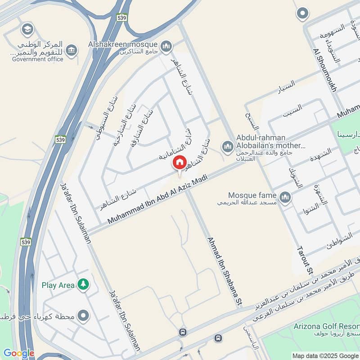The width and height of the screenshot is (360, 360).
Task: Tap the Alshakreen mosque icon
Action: pyautogui.click(x=166, y=45)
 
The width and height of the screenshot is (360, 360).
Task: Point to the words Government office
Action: pyautogui.click(x=38, y=59)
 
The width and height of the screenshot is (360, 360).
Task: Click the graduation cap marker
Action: pyautogui.click(x=28, y=30)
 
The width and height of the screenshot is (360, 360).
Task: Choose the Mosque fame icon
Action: pyautogui.click(x=285, y=197)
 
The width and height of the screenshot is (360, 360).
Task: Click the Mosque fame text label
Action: pyautogui.click(x=252, y=195)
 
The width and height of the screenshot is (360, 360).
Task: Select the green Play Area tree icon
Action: pyautogui.click(x=83, y=284)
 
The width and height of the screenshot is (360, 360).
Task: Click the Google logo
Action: pyautogui.click(x=18, y=354)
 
